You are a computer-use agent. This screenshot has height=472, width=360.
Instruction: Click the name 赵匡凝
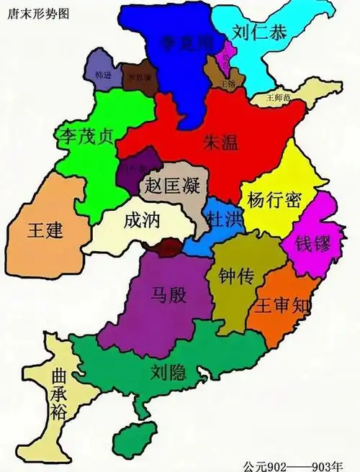171,184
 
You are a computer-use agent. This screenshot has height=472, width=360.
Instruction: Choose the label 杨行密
274,199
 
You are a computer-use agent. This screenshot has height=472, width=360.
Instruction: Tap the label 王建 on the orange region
45,231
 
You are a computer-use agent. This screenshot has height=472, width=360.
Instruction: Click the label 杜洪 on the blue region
222,219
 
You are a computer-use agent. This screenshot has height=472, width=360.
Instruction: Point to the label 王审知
284,305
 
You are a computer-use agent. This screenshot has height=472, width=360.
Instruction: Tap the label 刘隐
169,372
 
